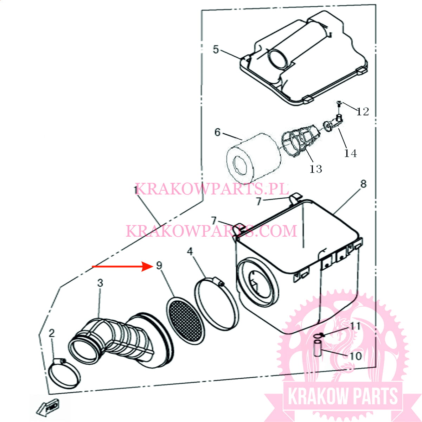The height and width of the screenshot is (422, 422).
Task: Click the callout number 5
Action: [x=216, y=50]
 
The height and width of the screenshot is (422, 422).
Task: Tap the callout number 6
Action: [x=218, y=132]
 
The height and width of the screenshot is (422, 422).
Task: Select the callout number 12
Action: [x=363, y=111]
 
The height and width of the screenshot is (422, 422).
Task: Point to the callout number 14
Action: [x=350, y=153]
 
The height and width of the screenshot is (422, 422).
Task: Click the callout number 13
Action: [x=316, y=169]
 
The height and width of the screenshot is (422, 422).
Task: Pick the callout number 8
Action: [x=363, y=184]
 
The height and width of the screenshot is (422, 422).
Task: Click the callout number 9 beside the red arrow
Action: [x=159, y=266]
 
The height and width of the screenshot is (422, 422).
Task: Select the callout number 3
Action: [x=100, y=283]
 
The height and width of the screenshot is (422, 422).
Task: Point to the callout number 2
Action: [x=52, y=333]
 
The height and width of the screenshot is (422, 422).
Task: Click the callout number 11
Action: [x=355, y=326]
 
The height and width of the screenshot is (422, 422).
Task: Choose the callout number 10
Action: [x=356, y=356]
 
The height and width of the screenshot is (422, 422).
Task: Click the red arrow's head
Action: [x=148, y=267]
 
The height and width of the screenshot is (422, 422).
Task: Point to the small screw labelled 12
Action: [x=339, y=103]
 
